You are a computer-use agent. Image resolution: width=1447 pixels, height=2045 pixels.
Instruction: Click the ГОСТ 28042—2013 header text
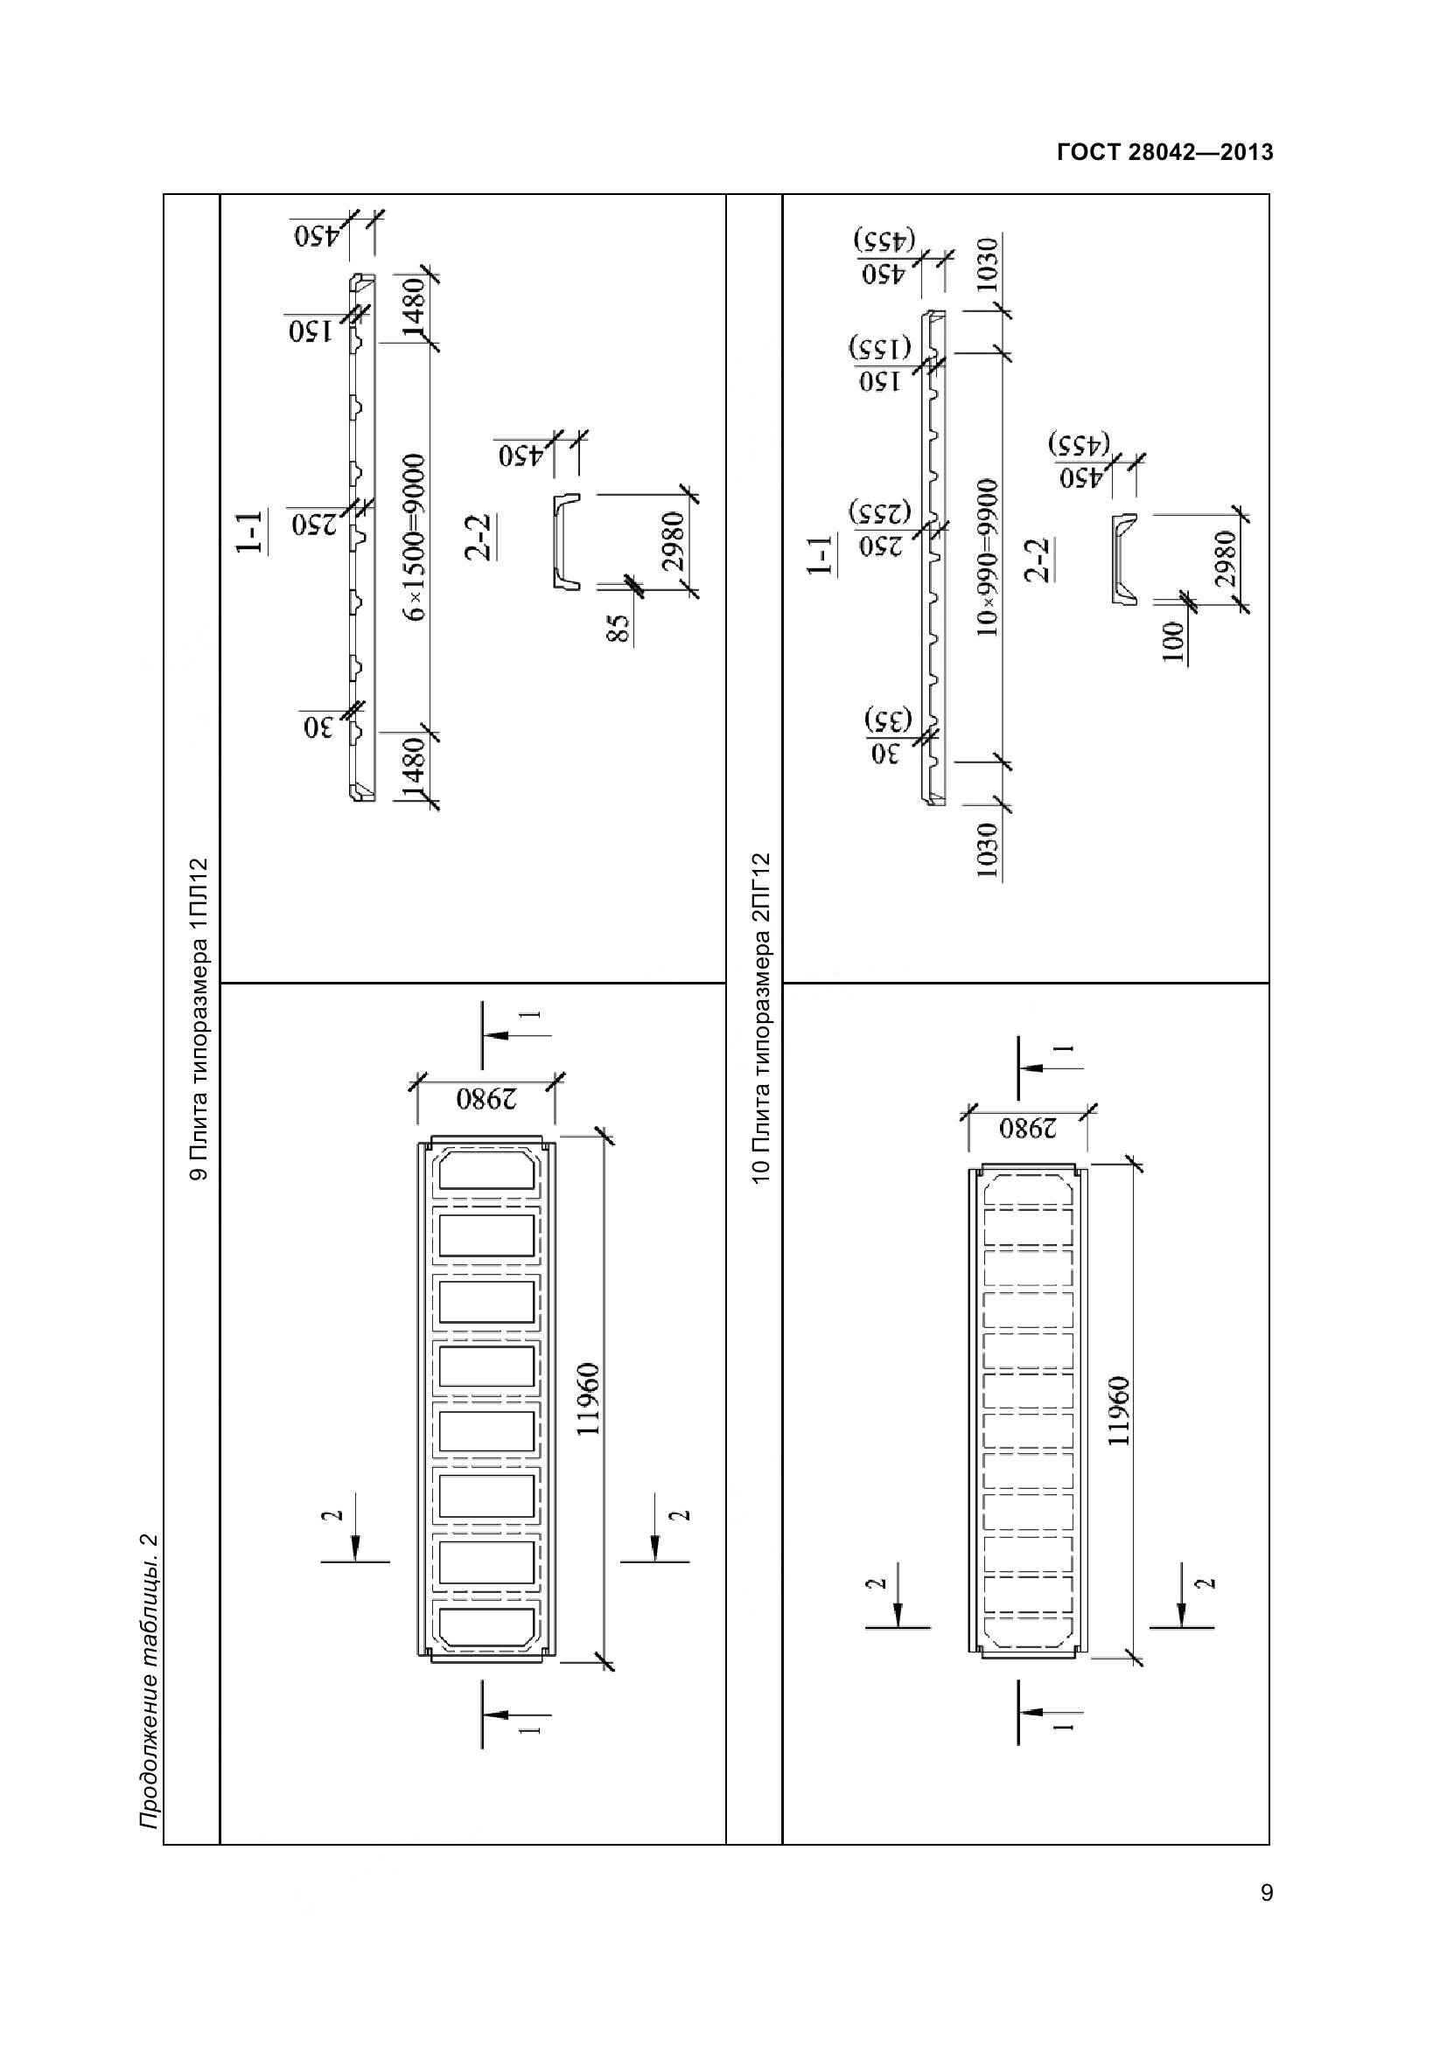[1164, 152]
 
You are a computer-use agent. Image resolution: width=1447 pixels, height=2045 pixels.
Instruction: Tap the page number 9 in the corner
[1266, 1917]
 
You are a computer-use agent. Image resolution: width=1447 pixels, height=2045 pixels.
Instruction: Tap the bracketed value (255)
[880, 512]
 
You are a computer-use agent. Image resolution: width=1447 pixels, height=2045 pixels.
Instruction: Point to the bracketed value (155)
[879, 347]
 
